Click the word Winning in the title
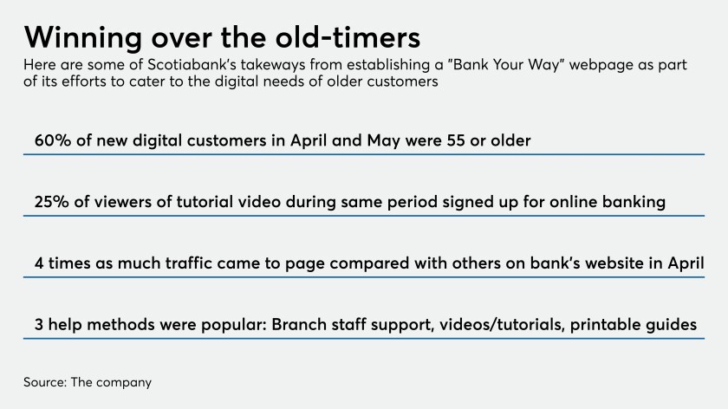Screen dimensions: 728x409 (x=83, y=37)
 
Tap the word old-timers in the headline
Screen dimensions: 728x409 (x=348, y=37)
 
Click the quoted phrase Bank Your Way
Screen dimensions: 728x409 (x=505, y=64)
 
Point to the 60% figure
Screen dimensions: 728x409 (x=53, y=140)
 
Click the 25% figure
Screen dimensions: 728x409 (x=51, y=202)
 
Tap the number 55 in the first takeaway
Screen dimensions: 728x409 (x=456, y=140)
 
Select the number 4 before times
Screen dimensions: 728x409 (x=39, y=263)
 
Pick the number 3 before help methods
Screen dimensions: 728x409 (x=38, y=324)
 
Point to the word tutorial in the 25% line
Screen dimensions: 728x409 (x=205, y=202)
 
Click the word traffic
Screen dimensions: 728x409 (x=189, y=263)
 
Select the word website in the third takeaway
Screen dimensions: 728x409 (x=614, y=263)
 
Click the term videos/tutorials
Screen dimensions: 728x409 (x=503, y=324)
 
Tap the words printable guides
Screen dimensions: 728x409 (x=634, y=324)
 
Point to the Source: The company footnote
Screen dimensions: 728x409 (x=88, y=382)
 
